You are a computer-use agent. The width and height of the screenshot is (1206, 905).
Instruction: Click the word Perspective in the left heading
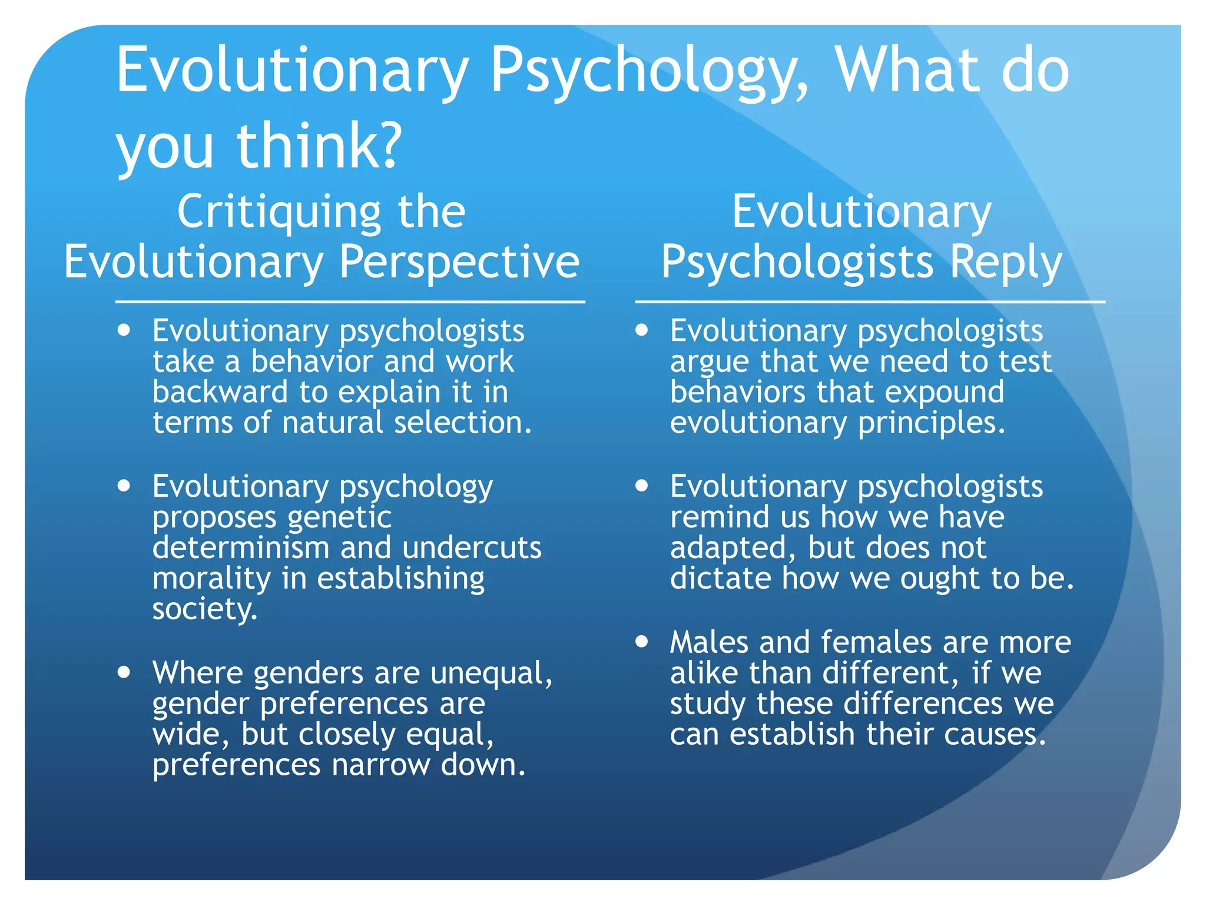(x=459, y=263)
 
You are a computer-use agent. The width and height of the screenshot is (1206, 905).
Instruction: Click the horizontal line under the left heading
(x=350, y=302)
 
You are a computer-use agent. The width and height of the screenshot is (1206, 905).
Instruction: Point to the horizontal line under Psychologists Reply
(x=870, y=302)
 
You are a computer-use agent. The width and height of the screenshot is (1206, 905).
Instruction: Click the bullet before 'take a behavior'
(x=124, y=330)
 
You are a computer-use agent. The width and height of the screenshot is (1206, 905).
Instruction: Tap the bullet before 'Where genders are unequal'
(x=124, y=672)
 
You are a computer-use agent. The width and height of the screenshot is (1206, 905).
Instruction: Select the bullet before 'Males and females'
(x=642, y=641)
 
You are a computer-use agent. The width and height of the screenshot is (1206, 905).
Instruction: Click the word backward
(x=220, y=392)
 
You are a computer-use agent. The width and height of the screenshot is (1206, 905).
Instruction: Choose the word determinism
(x=240, y=547)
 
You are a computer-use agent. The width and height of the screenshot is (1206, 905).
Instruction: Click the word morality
(x=211, y=579)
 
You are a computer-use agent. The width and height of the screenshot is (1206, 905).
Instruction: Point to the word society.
(x=204, y=609)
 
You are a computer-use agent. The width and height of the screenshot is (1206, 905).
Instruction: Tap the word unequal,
(x=491, y=673)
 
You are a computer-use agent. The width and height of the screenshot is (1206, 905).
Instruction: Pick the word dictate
(x=720, y=578)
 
